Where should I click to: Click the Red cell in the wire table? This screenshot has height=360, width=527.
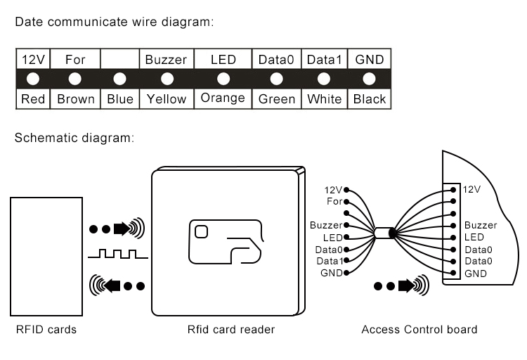pyautogui.click(x=32, y=99)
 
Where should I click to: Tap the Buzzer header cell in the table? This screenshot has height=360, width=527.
pyautogui.click(x=167, y=60)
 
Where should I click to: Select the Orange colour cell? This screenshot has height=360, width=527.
pyautogui.click(x=223, y=98)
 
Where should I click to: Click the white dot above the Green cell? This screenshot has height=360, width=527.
pyautogui.click(x=276, y=79)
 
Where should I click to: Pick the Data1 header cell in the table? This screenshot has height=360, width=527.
pyautogui.click(x=324, y=60)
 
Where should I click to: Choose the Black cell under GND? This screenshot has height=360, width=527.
pyautogui.click(x=370, y=99)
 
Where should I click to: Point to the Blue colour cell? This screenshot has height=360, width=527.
pyautogui.click(x=120, y=99)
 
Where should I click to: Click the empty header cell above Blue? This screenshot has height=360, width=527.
pyautogui.click(x=120, y=60)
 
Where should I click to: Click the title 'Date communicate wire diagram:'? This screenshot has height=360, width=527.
pyautogui.click(x=114, y=22)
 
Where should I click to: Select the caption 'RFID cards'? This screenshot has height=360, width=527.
pyautogui.click(x=46, y=329)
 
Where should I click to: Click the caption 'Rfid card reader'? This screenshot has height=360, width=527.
pyautogui.click(x=231, y=329)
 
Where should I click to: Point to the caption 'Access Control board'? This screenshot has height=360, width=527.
pyautogui.click(x=419, y=329)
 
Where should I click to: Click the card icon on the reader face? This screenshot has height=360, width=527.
pyautogui.click(x=226, y=243)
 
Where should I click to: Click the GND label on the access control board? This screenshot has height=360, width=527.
pyautogui.click(x=474, y=273)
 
